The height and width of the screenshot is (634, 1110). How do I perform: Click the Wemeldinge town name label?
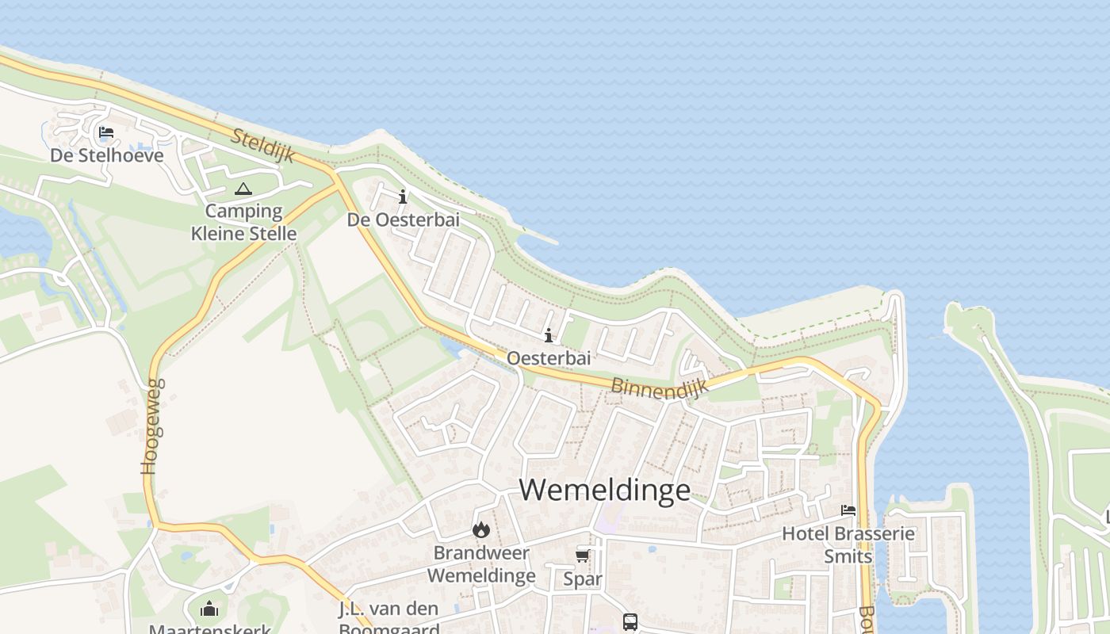click(605, 489)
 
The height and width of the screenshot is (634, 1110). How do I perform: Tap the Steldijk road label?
click(262, 146)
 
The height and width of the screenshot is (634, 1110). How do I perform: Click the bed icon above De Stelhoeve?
click(106, 132)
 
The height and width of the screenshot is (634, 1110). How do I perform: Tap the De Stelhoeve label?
click(107, 155)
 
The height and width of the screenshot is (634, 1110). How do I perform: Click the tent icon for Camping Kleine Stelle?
click(243, 189)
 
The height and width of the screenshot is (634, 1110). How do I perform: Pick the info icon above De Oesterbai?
click(403, 197)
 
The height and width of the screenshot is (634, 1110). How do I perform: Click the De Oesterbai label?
click(403, 220)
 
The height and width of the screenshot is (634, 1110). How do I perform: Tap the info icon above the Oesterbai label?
click(548, 336)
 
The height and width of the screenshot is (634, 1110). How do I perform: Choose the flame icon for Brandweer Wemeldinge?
click(480, 529)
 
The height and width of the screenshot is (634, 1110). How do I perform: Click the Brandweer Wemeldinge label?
click(481, 563)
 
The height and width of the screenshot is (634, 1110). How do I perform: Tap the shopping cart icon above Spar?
click(583, 556)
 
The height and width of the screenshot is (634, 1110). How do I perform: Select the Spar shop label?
click(583, 579)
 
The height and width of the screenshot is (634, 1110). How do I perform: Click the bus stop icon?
click(630, 621)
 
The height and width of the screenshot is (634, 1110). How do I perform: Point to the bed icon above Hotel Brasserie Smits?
click(848, 510)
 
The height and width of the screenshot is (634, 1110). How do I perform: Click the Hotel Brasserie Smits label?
click(848, 544)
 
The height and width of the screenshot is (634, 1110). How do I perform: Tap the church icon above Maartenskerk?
click(209, 609)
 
